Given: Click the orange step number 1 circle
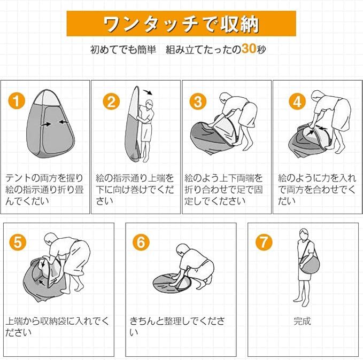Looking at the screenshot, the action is [17, 101].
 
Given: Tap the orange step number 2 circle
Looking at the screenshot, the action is [111, 101].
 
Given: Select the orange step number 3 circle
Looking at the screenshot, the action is [198, 101].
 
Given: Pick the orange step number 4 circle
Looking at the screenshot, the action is [297, 101].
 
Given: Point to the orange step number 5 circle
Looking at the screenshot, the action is [18, 242].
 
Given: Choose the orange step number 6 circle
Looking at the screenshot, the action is [141, 242].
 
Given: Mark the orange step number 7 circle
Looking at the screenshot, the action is [264, 242].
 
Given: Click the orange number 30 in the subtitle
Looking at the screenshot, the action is [249, 49].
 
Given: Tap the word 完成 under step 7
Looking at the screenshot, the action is [302, 321].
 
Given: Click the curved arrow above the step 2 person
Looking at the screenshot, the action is [148, 92].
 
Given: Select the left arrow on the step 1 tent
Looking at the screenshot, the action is [46, 124].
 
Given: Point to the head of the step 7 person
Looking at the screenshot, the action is [304, 233].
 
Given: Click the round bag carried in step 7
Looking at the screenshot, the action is [310, 264].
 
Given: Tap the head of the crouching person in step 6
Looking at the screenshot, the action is [182, 249].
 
